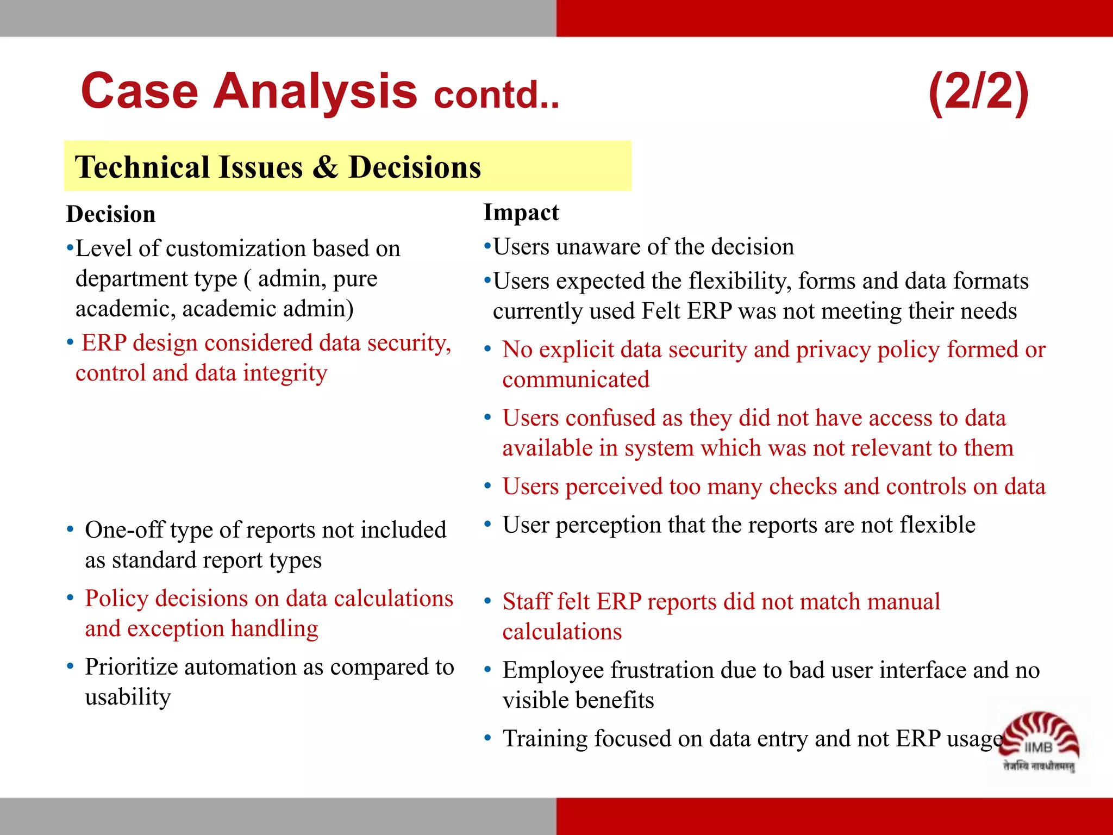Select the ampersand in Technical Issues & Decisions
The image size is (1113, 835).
(325, 167)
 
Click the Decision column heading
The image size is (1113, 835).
(111, 214)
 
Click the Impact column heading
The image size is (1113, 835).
(521, 213)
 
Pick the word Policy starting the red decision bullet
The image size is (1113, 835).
(116, 599)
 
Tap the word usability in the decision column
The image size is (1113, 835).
(128, 697)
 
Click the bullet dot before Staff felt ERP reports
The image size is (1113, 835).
(487, 601)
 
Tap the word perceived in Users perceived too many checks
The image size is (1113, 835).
(614, 487)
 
